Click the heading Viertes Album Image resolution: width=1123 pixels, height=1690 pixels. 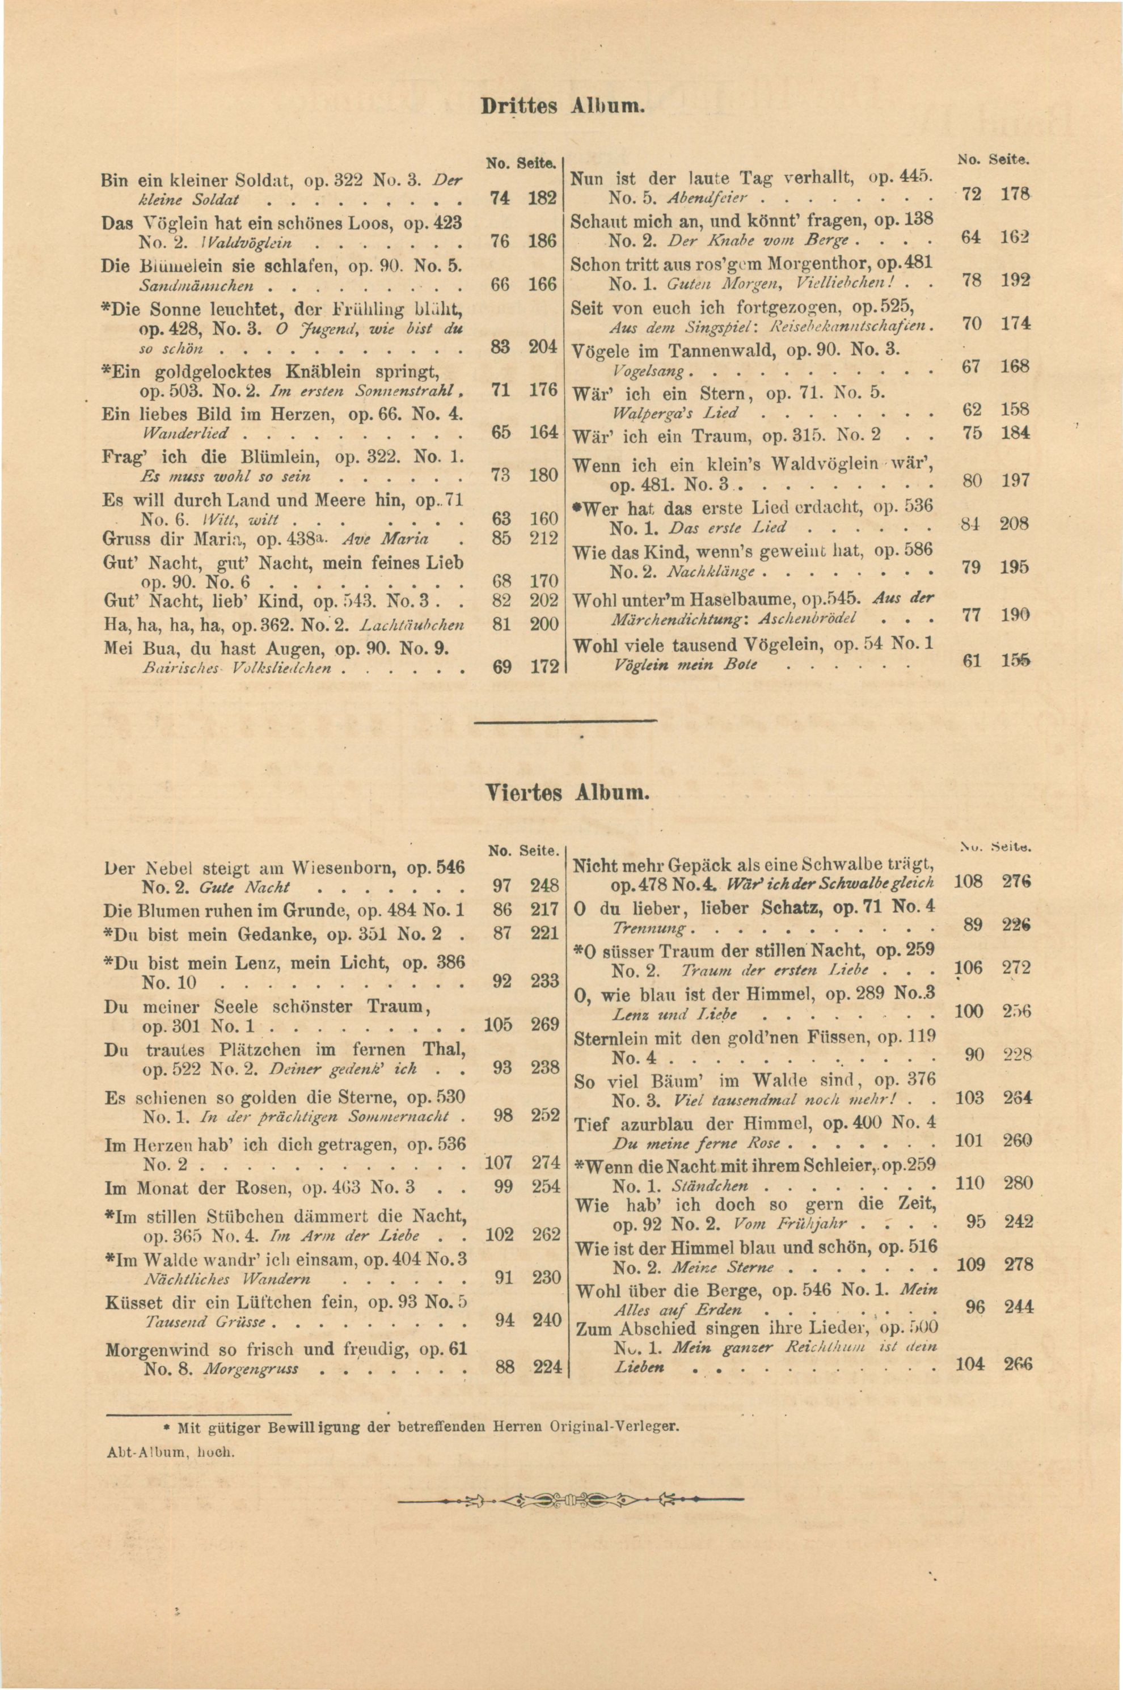coord(567,793)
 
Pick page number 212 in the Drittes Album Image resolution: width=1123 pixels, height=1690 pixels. coord(543,538)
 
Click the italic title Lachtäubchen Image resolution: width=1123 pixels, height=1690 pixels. coord(412,625)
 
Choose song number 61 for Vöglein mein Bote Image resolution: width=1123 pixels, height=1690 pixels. coord(972,662)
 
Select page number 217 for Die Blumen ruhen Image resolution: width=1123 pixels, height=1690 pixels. coord(546,910)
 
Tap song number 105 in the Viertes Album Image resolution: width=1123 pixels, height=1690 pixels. coord(499,1024)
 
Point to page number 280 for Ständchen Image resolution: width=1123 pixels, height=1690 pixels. coord(1017,1182)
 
